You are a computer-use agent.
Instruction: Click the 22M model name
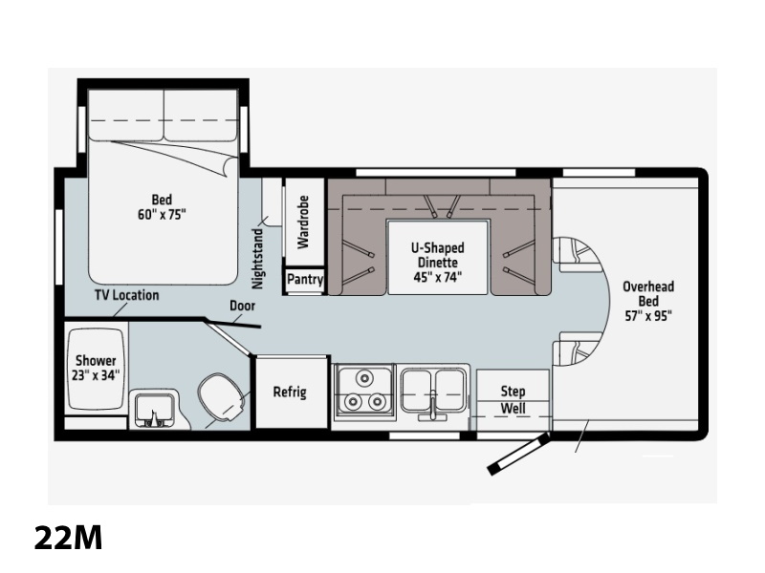(x=68, y=538)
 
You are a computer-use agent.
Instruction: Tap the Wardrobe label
(x=303, y=223)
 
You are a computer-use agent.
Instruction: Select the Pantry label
(x=305, y=280)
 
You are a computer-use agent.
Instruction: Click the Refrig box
(x=292, y=393)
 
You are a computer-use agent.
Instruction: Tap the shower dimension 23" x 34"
(x=96, y=375)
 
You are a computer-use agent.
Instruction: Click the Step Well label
(x=513, y=399)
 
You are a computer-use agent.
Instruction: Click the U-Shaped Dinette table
(x=438, y=257)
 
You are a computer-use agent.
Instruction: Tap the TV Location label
(x=127, y=295)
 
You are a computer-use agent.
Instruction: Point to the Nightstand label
(x=257, y=258)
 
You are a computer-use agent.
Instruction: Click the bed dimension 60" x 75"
(x=162, y=214)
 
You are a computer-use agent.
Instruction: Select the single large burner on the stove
(x=363, y=377)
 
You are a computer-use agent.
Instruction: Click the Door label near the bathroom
(x=243, y=306)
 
